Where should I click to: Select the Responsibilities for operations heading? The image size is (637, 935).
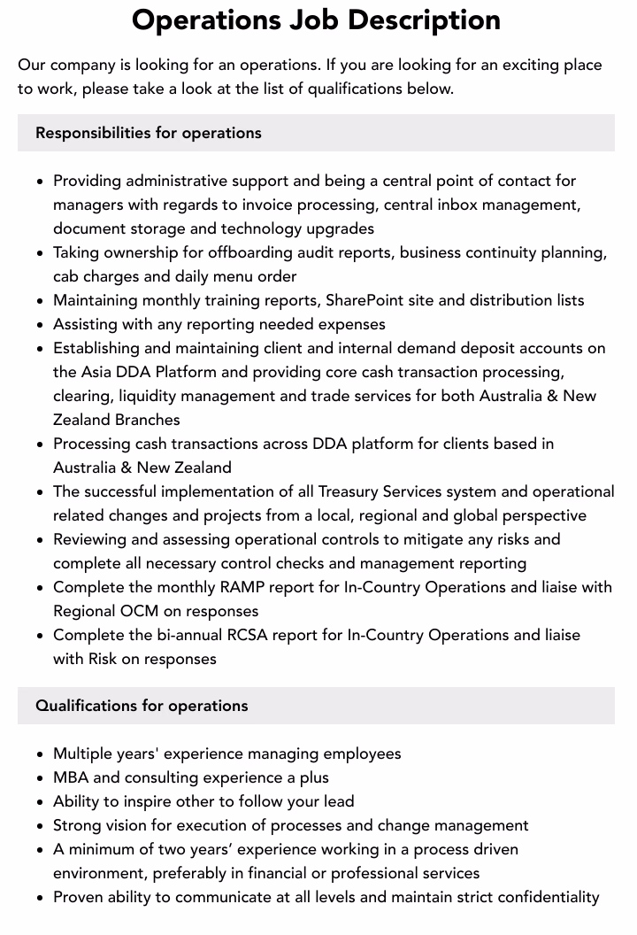[149, 133]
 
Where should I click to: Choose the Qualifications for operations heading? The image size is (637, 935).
[142, 706]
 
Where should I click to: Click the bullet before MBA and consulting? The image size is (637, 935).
[41, 778]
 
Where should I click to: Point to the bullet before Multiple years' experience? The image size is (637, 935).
[41, 754]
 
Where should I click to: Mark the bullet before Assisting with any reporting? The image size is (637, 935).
[41, 325]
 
